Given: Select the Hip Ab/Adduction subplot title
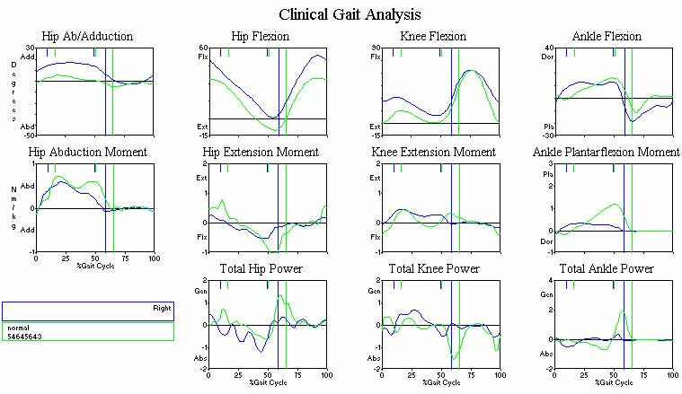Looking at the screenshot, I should [93, 37].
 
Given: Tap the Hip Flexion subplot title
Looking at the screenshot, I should [260, 37].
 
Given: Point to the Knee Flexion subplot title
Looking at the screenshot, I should [433, 37].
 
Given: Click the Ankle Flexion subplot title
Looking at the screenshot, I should [607, 37].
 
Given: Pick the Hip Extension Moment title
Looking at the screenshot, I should [261, 153].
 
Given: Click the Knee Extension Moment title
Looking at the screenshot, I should [433, 153].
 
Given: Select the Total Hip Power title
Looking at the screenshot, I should [261, 269].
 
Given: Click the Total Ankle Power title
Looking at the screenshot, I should [607, 269].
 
